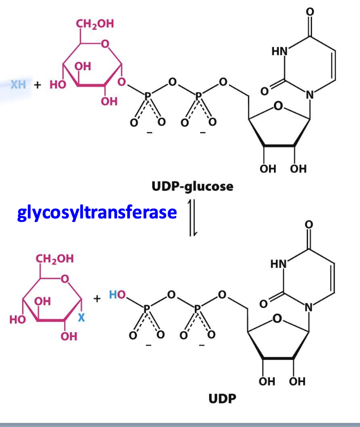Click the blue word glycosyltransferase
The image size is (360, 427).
pos(97,213)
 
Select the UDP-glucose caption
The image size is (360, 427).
pos(192,187)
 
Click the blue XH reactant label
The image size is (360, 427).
pos(18,85)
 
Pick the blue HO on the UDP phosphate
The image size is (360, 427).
pos(117,295)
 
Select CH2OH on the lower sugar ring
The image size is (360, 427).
pos(55,258)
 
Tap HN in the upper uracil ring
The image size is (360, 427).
pos(279,51)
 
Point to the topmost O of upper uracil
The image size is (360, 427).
pos(310,11)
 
